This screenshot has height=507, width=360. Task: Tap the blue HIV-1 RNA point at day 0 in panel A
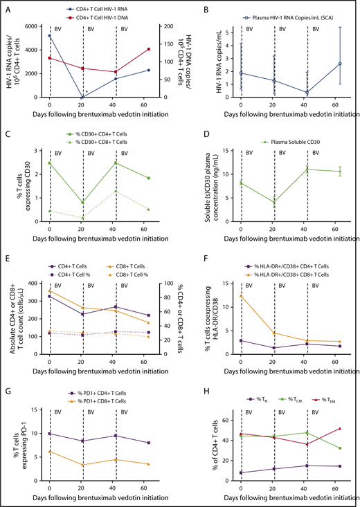pos(49,35)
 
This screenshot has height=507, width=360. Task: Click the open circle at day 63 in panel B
pos(321,64)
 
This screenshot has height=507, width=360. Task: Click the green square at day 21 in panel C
pos(83,203)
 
